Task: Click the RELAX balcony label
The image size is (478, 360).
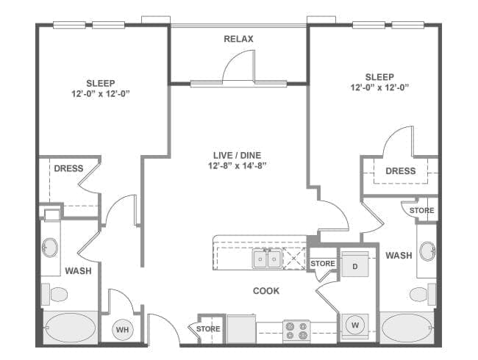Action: point(238,39)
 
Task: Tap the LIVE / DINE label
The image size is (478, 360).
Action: point(237,155)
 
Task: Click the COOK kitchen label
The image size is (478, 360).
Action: point(266,291)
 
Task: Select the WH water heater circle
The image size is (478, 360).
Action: point(123,330)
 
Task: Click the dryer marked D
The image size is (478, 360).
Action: point(355,264)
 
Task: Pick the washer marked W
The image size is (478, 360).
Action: point(355,326)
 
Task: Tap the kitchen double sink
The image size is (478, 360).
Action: point(267,259)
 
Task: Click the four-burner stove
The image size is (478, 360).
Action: point(296,331)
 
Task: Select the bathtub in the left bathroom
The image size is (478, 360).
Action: point(71,328)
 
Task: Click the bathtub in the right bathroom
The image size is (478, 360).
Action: point(407,328)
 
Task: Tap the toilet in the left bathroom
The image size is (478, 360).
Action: point(54,294)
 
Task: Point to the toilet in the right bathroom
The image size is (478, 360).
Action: point(423,294)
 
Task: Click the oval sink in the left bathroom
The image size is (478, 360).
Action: point(50,248)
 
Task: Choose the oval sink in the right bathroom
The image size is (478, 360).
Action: point(427,251)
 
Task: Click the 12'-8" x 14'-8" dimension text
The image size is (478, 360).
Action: point(238,166)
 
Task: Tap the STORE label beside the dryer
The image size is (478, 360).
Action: point(323,264)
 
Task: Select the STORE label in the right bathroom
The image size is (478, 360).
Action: point(422,210)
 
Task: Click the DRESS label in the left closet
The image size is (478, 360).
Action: point(68,168)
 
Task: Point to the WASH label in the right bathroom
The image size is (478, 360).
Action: point(399,255)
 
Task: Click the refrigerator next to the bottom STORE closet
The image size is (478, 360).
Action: point(241,329)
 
